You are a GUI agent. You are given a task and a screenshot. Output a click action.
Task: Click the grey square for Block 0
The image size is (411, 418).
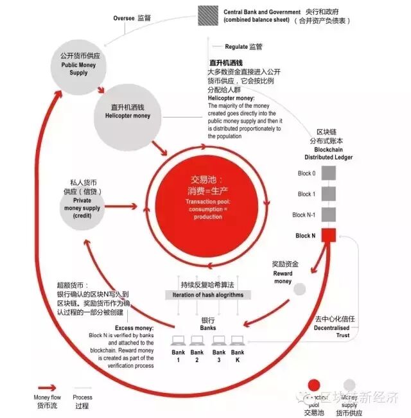(x=328, y=173)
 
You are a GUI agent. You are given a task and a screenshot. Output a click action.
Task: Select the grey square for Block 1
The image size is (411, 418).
(x=328, y=193)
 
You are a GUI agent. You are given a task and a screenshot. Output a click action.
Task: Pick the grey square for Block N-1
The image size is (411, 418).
(x=328, y=214)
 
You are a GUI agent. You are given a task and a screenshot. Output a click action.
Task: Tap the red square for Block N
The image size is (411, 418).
(x=328, y=236)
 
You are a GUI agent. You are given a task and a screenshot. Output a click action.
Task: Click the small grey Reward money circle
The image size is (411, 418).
(x=299, y=290)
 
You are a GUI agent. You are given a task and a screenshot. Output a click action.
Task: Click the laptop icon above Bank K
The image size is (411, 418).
(x=238, y=340)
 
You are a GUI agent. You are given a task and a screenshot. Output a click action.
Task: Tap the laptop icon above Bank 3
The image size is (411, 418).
(x=218, y=340)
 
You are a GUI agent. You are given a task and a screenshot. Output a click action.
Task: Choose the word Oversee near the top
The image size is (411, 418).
(x=124, y=19)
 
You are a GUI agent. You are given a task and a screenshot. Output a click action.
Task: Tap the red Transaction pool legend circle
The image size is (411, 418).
(x=313, y=385)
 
